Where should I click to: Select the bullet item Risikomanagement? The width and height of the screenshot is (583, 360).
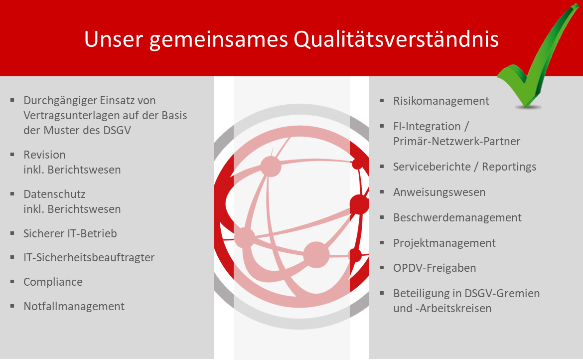pos(441,101)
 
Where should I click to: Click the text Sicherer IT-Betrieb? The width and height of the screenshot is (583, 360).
pos(70,233)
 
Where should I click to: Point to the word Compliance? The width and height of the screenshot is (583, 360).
pos(53,282)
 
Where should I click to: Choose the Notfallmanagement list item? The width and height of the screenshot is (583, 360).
pos(74,306)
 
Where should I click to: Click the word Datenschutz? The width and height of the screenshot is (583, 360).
pos(54,193)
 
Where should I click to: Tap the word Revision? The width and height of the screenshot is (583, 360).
pos(44,155)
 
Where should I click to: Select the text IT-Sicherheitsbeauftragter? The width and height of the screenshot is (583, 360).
pos(89,257)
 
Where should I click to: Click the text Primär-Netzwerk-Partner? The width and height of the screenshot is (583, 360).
pos(456,141)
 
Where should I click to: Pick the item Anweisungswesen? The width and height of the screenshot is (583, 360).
pos(439,192)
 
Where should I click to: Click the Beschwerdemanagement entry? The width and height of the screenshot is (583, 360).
pos(457,217)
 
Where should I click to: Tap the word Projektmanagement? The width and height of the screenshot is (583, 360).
pos(444,243)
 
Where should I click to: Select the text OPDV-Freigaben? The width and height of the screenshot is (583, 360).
pos(435,268)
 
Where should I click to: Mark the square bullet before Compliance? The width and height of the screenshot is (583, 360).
pos(12,282)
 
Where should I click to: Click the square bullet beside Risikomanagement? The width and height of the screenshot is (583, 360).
pos(382,100)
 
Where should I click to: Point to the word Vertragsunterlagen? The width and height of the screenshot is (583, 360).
pos(72,115)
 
